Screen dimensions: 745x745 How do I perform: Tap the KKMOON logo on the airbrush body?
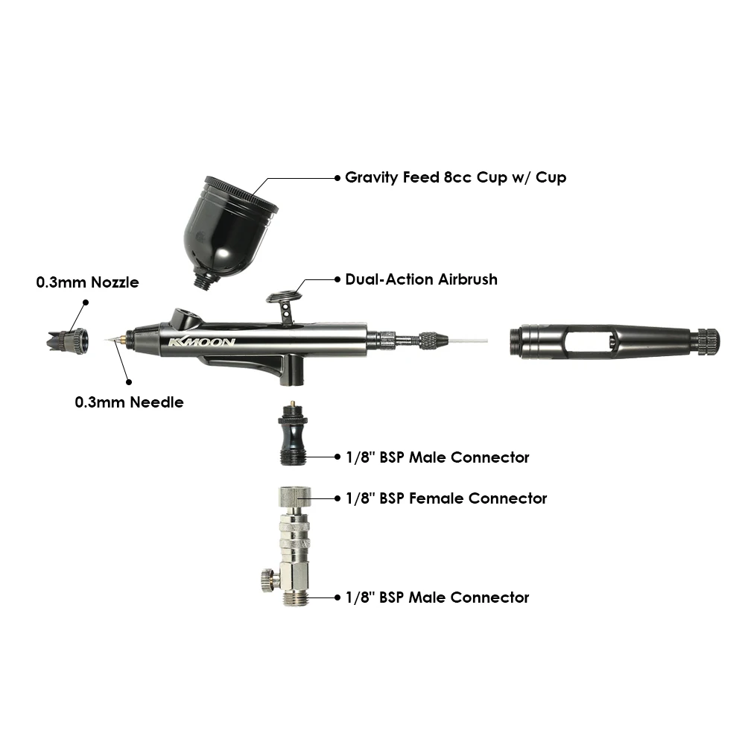click(202, 342)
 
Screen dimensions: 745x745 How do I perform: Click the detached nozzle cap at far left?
click(68, 341)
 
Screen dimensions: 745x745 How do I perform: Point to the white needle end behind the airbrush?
click(469, 340)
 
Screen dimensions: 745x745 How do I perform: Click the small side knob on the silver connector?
click(269, 580)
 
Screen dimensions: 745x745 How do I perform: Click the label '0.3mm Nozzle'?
click(87, 282)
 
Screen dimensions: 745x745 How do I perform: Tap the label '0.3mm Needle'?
click(129, 402)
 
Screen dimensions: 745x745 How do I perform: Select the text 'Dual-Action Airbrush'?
click(422, 279)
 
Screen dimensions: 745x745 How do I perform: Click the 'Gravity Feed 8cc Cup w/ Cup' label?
click(456, 177)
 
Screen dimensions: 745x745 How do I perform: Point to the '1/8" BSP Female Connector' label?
click(446, 498)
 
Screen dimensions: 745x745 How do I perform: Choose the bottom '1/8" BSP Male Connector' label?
click(437, 597)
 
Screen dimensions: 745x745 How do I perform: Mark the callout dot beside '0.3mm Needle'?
click(128, 382)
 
